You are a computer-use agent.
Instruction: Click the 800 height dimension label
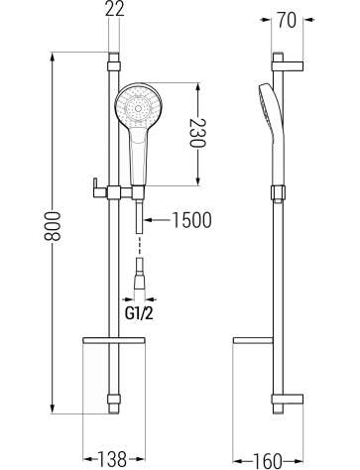click(x=54, y=227)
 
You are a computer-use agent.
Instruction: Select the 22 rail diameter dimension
click(x=115, y=9)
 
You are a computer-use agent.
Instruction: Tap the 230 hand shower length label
click(x=197, y=133)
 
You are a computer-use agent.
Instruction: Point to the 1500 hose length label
click(x=191, y=220)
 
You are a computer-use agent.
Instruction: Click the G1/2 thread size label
click(x=139, y=314)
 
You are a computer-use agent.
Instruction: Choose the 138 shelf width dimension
click(x=112, y=459)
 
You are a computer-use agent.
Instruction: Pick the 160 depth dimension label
click(x=268, y=460)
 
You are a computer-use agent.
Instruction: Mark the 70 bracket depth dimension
click(x=287, y=21)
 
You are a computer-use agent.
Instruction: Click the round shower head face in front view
click(x=138, y=106)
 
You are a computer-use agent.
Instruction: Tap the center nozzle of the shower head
click(x=138, y=108)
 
